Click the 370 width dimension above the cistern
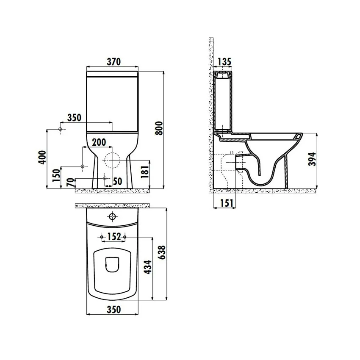[x=114, y=61]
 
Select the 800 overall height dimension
[x=159, y=128]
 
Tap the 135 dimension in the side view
[x=224, y=61]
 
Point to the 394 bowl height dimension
[x=312, y=159]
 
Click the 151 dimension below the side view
[x=227, y=203]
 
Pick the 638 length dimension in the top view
[x=162, y=252]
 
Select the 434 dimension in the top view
[x=148, y=267]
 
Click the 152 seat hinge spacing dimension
[x=114, y=236]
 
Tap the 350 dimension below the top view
[x=114, y=310]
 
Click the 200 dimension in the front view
[x=99, y=142]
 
